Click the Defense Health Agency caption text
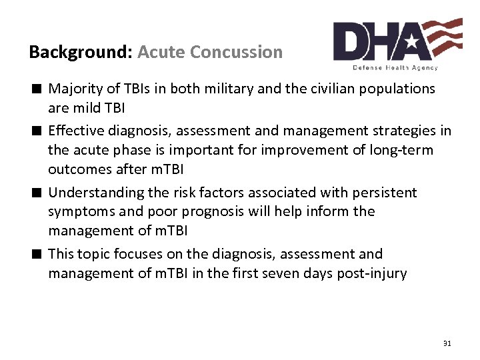pos(395,67)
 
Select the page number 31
pos(447,343)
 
